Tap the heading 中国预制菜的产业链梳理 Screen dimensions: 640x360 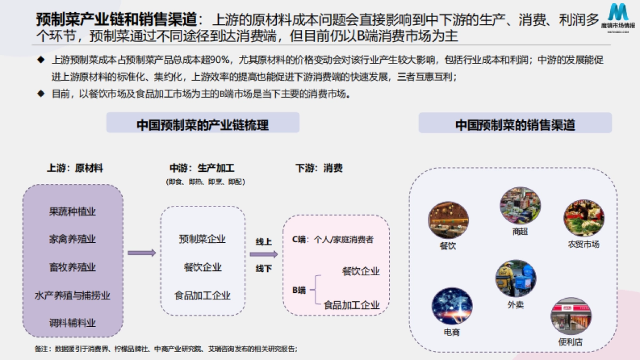203,125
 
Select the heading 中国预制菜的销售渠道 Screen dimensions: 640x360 515,125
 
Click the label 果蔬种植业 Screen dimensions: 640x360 73,211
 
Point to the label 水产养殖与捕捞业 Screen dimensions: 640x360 73,295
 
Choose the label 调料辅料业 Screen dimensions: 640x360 73,323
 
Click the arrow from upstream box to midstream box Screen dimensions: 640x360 142,253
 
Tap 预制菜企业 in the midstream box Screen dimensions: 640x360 202,239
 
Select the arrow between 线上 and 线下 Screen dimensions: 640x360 263,254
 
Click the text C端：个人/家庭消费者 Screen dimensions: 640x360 333,239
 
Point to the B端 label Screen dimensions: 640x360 299,290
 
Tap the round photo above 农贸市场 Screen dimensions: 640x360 583,218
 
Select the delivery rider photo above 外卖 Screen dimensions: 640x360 516,279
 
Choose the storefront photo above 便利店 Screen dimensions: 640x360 571,316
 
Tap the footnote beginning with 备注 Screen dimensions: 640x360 165,349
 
